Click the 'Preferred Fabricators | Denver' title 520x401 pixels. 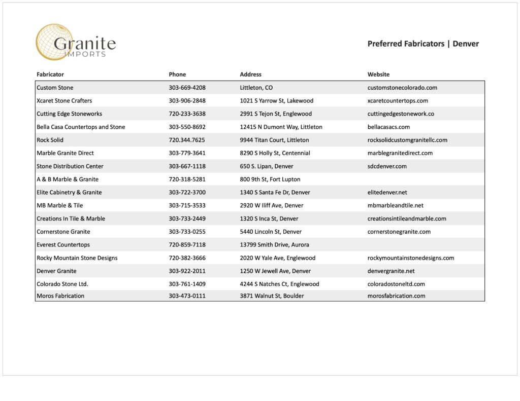click(423, 44)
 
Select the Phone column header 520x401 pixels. click(177, 75)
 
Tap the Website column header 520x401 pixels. click(378, 75)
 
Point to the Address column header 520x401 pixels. click(250, 75)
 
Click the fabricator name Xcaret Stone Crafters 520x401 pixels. click(64, 100)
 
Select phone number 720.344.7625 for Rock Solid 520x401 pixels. click(187, 140)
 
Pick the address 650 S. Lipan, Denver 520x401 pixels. click(266, 166)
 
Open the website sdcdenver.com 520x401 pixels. click(387, 166)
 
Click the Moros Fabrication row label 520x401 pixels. click(60, 296)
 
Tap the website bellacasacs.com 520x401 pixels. click(388, 127)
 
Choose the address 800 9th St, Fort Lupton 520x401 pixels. click(270, 179)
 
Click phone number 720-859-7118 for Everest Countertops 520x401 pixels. click(187, 245)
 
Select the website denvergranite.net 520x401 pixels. click(391, 271)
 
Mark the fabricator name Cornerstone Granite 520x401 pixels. click(63, 232)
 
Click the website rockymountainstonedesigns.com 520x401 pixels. click(410, 258)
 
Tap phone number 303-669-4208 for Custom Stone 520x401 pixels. click(187, 88)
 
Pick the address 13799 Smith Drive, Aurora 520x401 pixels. click(274, 245)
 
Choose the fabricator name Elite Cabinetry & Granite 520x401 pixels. click(69, 193)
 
